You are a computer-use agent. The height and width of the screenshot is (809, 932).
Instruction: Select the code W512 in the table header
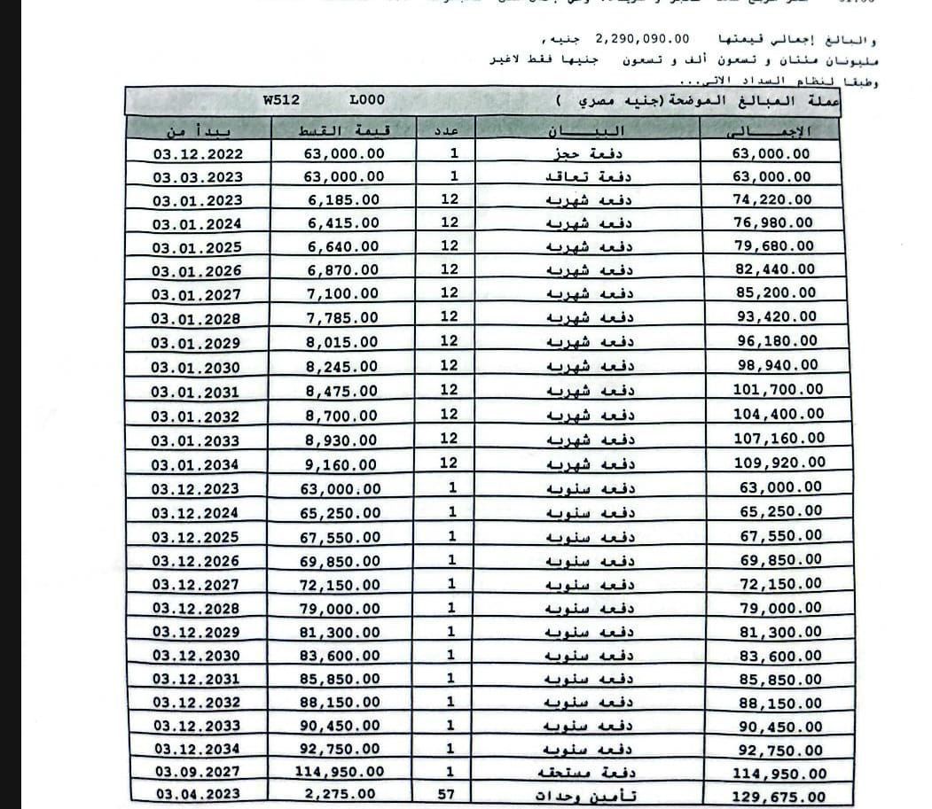point(281,101)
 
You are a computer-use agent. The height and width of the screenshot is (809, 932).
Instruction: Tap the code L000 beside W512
point(366,101)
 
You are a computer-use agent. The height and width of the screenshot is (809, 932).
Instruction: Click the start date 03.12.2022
point(197,153)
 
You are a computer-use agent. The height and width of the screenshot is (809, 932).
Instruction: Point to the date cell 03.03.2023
point(197,177)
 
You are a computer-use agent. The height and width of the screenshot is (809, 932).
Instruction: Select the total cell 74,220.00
point(771,200)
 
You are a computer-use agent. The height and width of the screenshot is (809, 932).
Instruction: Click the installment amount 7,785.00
point(344,317)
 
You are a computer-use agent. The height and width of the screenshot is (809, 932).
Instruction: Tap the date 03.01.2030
point(195,367)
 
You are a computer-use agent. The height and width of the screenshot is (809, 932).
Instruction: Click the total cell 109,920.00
point(779,462)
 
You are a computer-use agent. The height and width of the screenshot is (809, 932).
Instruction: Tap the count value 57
point(453,794)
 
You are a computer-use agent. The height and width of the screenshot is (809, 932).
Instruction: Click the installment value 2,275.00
point(341,795)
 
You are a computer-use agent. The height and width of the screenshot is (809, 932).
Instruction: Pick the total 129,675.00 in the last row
point(778,797)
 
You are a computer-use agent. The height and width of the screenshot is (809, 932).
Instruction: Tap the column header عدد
point(451,130)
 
